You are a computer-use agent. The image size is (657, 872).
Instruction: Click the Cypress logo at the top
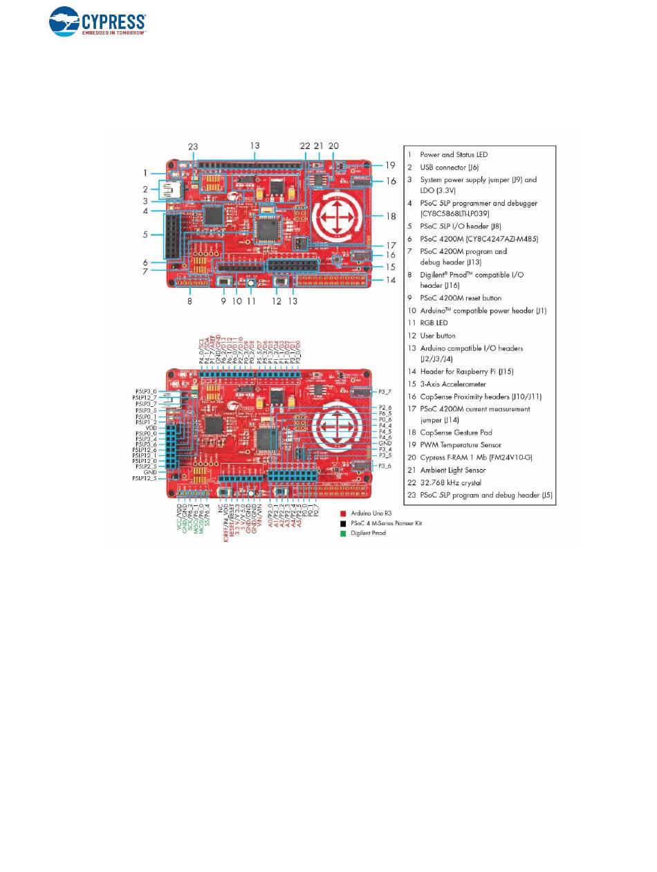pyautogui.click(x=97, y=22)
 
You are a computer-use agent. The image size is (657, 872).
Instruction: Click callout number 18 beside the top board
pyautogui.click(x=391, y=216)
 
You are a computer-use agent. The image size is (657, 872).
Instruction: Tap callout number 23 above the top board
pyautogui.click(x=193, y=147)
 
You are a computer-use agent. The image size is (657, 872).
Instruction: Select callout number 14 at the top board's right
pyautogui.click(x=391, y=280)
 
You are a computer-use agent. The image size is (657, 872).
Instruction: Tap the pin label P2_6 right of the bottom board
pyautogui.click(x=385, y=408)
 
